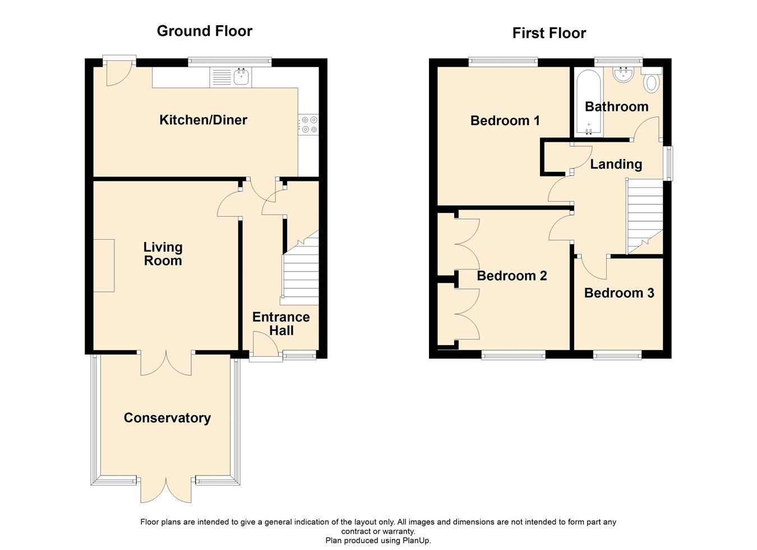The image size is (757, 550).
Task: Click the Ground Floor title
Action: (x=205, y=31)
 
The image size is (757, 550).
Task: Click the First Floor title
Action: (x=549, y=34)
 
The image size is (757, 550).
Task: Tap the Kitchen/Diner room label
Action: (x=203, y=120)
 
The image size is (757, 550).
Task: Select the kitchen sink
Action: (x=241, y=77)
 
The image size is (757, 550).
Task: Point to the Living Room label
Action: (x=163, y=254)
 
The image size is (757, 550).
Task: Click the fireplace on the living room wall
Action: (x=104, y=265)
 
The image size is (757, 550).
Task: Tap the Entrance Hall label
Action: (x=281, y=324)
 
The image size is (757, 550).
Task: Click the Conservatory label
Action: (x=167, y=418)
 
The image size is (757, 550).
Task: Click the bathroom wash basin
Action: (x=622, y=74)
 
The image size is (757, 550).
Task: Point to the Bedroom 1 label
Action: (x=505, y=121)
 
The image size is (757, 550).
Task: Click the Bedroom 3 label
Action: (x=619, y=293)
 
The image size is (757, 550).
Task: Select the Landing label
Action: (x=616, y=165)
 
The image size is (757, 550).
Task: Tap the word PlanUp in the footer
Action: (x=416, y=541)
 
